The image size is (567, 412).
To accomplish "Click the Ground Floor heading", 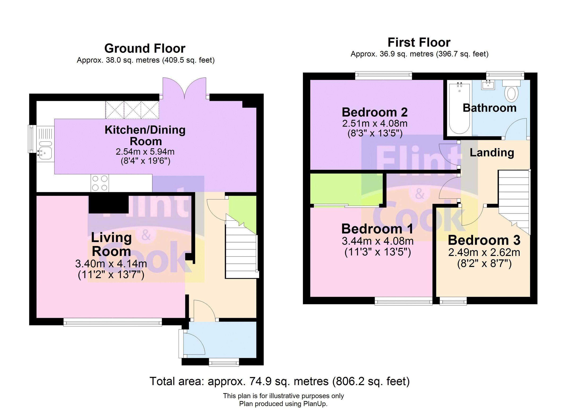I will [145, 48].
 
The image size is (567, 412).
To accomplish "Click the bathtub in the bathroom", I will [460, 109].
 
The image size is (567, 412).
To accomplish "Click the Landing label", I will [491, 153].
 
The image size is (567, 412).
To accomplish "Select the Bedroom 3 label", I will [484, 240].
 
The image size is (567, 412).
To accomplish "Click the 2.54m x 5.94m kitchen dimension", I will [145, 152].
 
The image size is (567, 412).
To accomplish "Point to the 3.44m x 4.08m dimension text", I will [378, 241].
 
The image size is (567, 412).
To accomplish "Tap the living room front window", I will [112, 322].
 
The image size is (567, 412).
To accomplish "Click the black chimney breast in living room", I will [108, 204].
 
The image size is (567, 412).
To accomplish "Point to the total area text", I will [279, 382].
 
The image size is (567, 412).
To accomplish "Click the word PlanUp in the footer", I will [315, 404].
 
